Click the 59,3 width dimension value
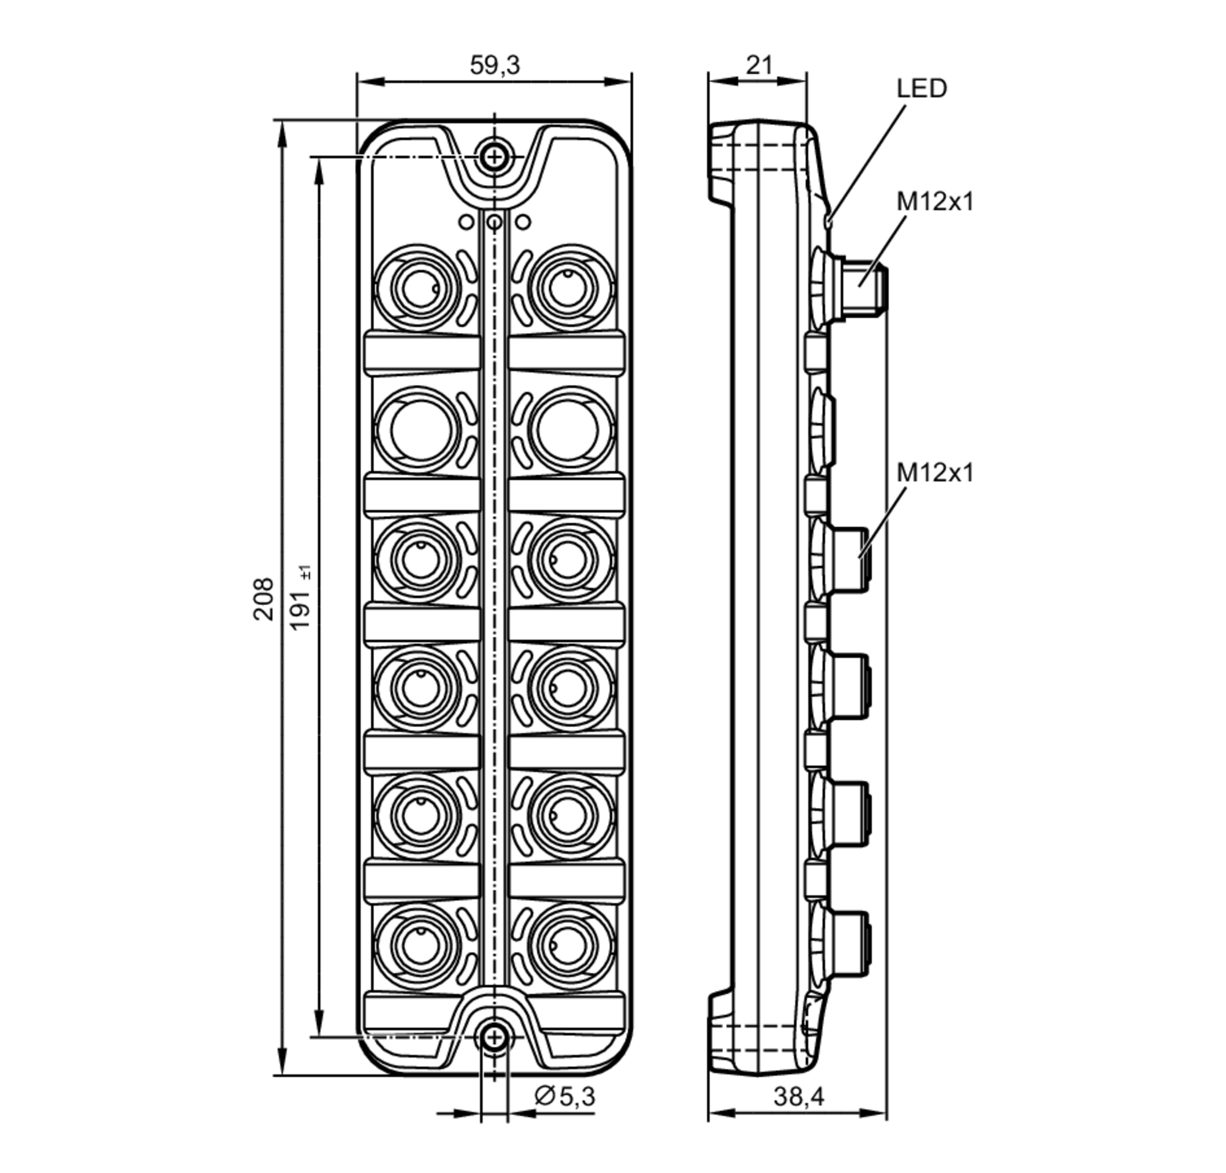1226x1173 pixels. [x=494, y=65]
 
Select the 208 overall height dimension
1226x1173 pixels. [x=263, y=598]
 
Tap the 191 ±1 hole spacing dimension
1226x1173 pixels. [x=301, y=598]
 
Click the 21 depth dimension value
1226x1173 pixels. [x=759, y=65]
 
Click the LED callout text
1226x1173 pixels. [x=921, y=88]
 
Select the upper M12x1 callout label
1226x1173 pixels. [x=935, y=202]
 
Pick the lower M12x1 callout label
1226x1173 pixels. [x=935, y=473]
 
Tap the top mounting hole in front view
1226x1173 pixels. [x=494, y=156]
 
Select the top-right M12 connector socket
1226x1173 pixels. [x=568, y=288]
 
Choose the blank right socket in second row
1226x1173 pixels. [x=568, y=430]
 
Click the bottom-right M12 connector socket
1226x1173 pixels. [x=568, y=947]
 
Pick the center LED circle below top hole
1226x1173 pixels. [x=494, y=222]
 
